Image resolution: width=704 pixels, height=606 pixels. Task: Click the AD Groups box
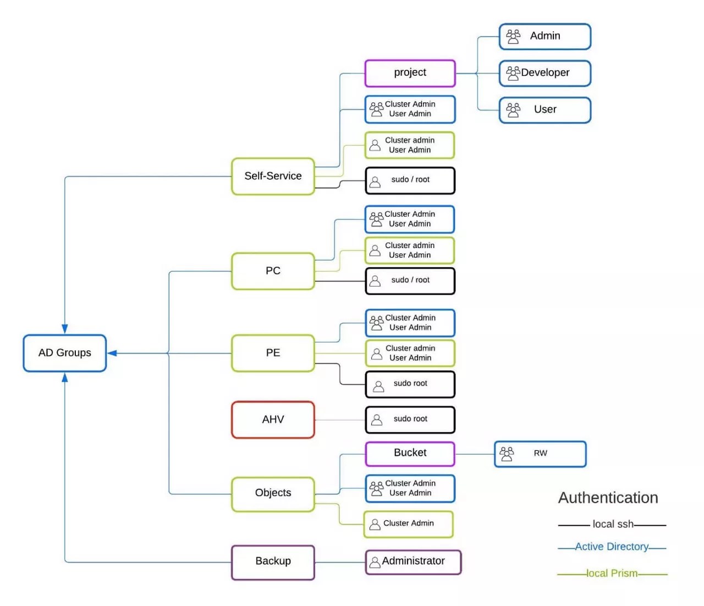click(x=64, y=353)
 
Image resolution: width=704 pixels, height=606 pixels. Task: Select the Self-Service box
click(x=273, y=176)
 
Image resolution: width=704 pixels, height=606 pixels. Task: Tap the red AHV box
click(x=273, y=420)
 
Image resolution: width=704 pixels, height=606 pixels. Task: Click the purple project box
click(x=410, y=73)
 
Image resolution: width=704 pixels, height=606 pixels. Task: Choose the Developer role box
click(x=544, y=73)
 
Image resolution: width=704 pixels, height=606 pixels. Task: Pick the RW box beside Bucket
click(x=540, y=454)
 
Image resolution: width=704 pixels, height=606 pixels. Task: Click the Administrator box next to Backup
click(x=413, y=561)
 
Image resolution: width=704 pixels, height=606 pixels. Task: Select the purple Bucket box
click(x=410, y=453)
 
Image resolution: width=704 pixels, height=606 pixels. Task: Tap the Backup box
click(x=273, y=561)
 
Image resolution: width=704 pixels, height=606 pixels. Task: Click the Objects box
click(x=273, y=493)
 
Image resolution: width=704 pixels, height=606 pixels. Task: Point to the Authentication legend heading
click(x=608, y=498)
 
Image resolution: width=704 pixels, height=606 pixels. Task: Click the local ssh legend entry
click(x=612, y=525)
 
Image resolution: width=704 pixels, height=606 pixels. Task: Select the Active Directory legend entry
click(x=612, y=547)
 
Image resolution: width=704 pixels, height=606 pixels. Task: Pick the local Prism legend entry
click(x=612, y=574)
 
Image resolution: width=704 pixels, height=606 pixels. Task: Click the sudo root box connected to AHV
click(x=410, y=420)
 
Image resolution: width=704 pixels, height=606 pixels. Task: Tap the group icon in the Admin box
click(x=513, y=36)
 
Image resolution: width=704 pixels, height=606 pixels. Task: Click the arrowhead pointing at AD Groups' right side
click(x=112, y=353)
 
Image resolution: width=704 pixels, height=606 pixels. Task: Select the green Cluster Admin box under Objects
click(x=408, y=524)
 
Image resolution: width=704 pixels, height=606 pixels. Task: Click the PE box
click(x=273, y=353)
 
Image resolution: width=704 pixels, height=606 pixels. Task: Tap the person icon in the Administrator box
click(x=375, y=562)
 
